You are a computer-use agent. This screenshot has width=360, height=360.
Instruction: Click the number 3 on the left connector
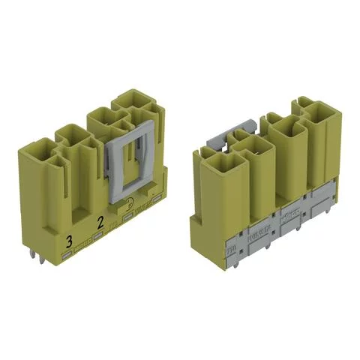(x=70, y=240)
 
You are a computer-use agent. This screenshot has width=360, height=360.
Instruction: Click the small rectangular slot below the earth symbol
(x=129, y=217)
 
